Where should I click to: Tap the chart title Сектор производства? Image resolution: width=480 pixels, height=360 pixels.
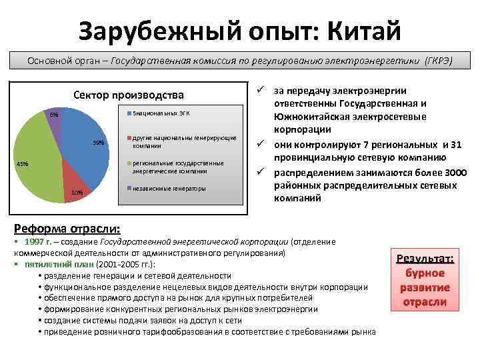(128, 95)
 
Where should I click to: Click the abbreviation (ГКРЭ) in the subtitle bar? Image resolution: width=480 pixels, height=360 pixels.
(438, 61)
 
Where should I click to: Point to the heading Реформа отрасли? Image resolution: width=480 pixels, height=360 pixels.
(67, 227)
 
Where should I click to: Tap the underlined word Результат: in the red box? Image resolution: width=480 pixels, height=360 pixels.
(424, 259)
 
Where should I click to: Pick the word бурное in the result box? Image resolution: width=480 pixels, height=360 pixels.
(424, 273)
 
